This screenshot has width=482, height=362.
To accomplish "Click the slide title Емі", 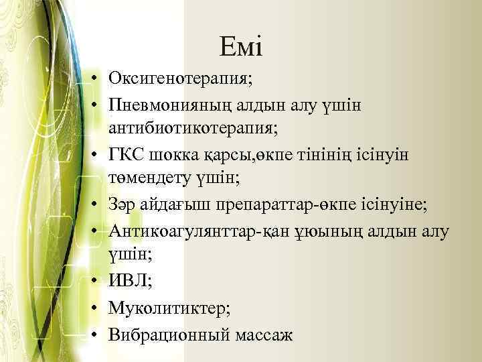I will tap(241, 47).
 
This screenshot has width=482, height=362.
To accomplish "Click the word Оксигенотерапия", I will tap(180, 80).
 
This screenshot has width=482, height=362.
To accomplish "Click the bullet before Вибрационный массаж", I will tap(97, 334).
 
